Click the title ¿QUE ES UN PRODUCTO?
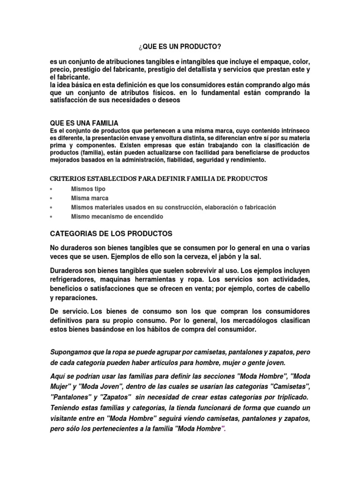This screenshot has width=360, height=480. pos(180,47)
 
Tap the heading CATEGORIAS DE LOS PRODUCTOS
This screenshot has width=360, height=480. pos(111,233)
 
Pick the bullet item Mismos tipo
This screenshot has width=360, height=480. pos(88,189)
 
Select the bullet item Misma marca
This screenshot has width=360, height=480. pos(90,198)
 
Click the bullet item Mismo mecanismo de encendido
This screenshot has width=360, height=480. pos(117,217)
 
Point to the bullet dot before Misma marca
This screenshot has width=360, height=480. pos(51,198)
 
